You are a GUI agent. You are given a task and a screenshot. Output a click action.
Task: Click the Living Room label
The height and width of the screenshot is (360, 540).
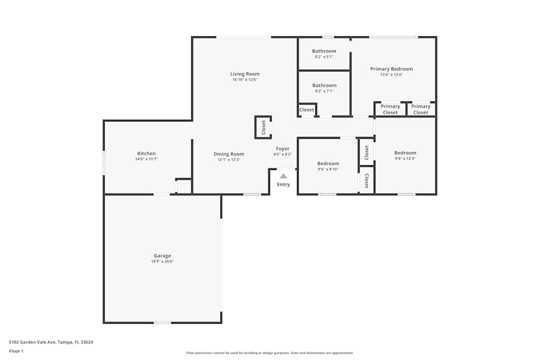coord(245,74)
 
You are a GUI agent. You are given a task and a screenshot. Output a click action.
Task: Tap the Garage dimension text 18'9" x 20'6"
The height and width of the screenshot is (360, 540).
coord(162,261)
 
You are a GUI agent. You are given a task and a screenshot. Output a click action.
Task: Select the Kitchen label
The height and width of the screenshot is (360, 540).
coord(146,153)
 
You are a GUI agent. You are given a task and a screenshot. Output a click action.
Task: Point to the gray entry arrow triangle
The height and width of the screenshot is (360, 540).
coord(283,175)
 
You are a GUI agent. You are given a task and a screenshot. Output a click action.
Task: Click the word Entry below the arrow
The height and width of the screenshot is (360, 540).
coord(283,185)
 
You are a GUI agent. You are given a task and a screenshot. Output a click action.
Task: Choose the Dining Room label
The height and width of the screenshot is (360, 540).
coord(228,154)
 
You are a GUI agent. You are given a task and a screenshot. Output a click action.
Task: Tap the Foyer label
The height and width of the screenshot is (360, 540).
coord(282,148)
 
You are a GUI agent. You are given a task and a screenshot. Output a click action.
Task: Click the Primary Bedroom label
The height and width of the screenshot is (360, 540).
coord(391,69)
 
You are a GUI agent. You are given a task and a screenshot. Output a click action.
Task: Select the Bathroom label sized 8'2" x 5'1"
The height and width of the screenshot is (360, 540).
coord(324,51)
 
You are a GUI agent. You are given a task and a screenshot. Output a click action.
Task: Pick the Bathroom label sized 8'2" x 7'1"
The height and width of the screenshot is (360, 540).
coord(324,85)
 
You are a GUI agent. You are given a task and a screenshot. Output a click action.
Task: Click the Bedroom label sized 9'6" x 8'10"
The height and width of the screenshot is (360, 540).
coord(328,164)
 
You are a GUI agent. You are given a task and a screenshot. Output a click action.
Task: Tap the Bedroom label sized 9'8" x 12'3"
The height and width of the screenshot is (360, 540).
coord(405,153)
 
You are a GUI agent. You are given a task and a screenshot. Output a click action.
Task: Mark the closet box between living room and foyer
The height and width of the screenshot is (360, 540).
coord(264,127)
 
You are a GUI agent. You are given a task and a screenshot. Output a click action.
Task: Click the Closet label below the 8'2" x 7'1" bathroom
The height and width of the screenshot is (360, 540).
coord(306,110)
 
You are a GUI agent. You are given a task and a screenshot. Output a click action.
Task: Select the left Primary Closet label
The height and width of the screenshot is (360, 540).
coord(390,110)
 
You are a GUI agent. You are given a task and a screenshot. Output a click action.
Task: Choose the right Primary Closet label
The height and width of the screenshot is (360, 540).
coord(421,110)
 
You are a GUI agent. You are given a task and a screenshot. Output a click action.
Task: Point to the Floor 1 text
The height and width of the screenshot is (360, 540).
coord(16,351)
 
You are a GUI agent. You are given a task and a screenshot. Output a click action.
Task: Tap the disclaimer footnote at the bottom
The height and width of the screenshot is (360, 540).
coord(270,353)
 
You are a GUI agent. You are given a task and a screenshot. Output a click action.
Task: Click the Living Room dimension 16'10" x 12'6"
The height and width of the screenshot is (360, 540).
coord(245,80)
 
